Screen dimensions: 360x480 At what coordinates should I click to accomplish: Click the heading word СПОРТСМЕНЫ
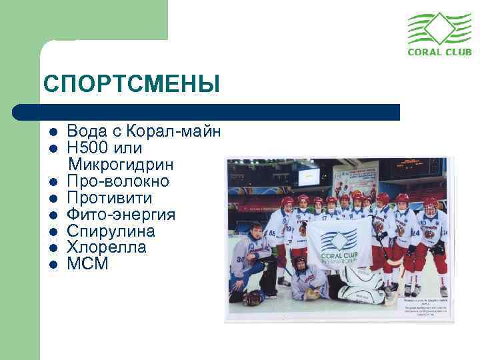(x=131, y=84)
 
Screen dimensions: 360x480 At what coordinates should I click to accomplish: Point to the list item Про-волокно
(x=118, y=181)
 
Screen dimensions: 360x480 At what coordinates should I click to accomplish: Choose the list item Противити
(x=109, y=198)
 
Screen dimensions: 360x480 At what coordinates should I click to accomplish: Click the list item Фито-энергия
(x=121, y=215)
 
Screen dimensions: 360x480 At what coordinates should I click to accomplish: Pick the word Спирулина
(x=111, y=231)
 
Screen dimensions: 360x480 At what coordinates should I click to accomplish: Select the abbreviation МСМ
(x=87, y=264)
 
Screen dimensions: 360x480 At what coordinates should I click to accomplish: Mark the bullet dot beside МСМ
(x=53, y=265)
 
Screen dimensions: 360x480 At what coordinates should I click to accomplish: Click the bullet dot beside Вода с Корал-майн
(x=53, y=131)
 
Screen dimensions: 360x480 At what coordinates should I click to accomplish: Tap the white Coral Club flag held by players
(x=338, y=242)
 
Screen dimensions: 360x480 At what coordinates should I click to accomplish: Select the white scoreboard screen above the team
(x=308, y=176)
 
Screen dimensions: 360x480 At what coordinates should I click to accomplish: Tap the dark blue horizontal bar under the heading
(x=207, y=112)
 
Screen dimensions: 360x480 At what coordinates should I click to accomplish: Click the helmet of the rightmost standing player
(x=431, y=205)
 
